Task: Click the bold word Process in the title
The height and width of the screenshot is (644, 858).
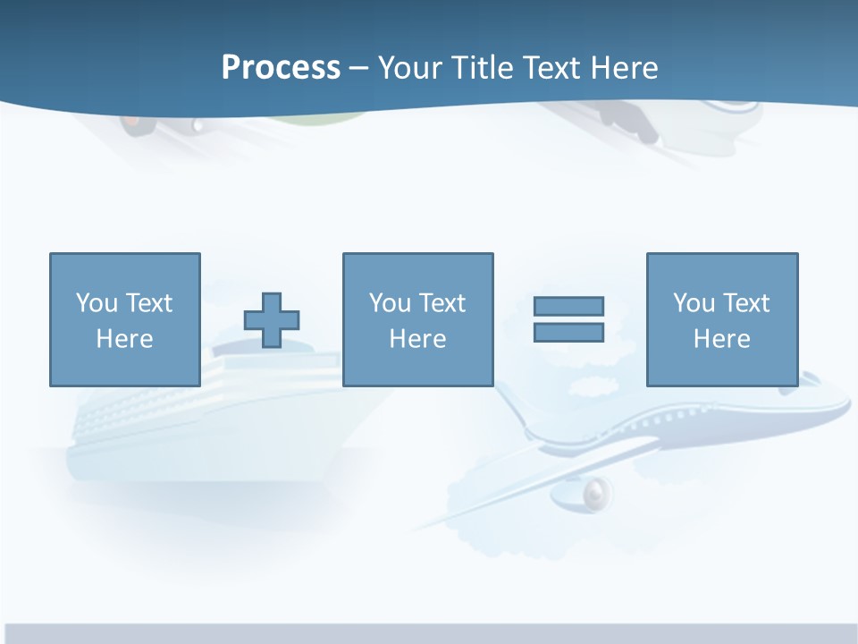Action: pyautogui.click(x=281, y=68)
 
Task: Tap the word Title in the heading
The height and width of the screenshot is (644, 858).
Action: pyautogui.click(x=481, y=68)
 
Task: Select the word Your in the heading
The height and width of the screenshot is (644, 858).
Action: pyautogui.click(x=410, y=68)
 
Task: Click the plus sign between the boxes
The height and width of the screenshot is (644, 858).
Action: pyautogui.click(x=272, y=320)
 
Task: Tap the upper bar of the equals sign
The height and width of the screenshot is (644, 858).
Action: pyautogui.click(x=568, y=306)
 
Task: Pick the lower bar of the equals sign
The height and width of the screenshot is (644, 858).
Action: pyautogui.click(x=568, y=332)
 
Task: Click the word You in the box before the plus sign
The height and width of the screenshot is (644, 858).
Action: pyautogui.click(x=97, y=303)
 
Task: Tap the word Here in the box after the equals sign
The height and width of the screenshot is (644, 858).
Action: pyautogui.click(x=721, y=339)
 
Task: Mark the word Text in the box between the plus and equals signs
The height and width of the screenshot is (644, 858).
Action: pyautogui.click(x=442, y=303)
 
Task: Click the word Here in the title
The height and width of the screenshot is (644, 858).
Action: pyautogui.click(x=626, y=68)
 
